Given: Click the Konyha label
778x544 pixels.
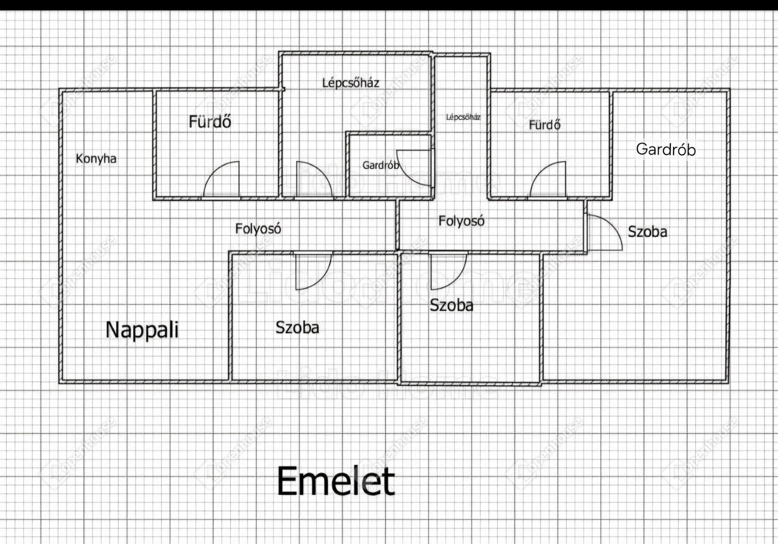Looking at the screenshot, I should [96, 159].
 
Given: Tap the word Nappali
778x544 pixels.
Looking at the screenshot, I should [142, 330].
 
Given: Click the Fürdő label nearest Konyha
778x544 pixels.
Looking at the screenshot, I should [210, 121].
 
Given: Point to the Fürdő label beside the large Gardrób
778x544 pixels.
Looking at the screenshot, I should [544, 124].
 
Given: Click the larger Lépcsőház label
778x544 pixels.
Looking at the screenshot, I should [350, 83].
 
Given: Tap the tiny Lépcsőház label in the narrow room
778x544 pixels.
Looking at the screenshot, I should [463, 117].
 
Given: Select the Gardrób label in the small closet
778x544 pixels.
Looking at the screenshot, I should [381, 165].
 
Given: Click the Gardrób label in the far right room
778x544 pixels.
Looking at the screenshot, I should [666, 149].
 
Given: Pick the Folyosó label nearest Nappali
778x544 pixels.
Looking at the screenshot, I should [258, 229].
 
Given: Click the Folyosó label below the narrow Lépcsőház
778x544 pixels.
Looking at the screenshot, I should [461, 221].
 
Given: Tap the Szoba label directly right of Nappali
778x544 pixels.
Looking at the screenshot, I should [297, 328].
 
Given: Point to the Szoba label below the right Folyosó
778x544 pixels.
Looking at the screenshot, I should [451, 305].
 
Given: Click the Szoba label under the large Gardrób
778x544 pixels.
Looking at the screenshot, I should [647, 232].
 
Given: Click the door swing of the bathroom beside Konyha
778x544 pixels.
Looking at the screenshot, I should [223, 180].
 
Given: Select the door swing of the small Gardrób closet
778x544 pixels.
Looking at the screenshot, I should [414, 167].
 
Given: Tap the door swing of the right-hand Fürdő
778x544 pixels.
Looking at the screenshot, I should [549, 180].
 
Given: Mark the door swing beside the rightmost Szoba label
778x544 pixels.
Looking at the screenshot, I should [603, 232].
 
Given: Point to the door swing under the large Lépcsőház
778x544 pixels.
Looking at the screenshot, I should [313, 180].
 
